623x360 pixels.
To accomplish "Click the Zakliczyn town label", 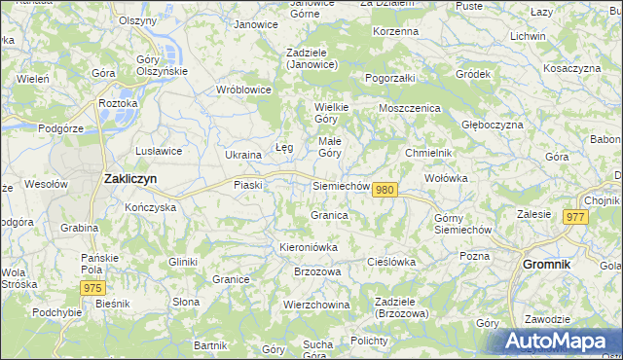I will (x=130, y=179).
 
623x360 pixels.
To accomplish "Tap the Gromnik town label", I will (x=553, y=264).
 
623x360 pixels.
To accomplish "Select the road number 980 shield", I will (x=385, y=190).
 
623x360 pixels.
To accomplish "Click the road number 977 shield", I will (x=573, y=218).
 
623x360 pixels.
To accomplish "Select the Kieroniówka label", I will (x=309, y=247).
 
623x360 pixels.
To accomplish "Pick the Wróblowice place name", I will (x=243, y=90).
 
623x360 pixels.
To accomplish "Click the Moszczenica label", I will (x=410, y=108).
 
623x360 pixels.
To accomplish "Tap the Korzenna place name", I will (x=395, y=31).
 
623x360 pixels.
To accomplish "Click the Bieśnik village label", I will (x=113, y=304).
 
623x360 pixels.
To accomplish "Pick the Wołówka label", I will (x=447, y=179).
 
